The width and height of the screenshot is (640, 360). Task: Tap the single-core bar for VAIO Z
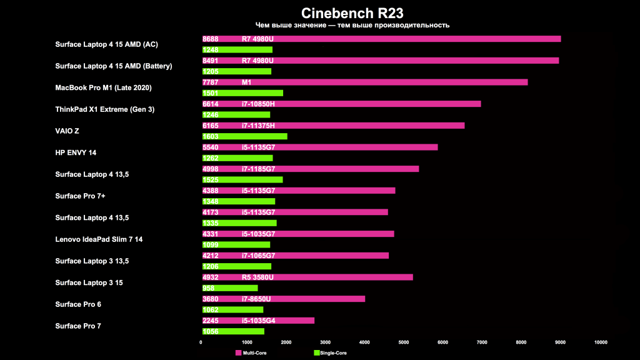click(244, 136)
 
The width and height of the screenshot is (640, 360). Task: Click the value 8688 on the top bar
click(211, 39)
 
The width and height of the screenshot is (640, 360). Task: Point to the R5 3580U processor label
click(257, 277)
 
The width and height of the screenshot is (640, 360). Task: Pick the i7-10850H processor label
click(258, 104)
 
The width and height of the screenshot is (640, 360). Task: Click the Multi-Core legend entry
click(251, 353)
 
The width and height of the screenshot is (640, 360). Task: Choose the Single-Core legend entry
click(330, 353)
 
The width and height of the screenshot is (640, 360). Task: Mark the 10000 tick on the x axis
click(600, 342)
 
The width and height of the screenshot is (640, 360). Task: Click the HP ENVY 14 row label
click(76, 152)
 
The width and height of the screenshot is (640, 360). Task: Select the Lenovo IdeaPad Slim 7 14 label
click(94, 239)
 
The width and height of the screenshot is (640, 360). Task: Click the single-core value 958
click(209, 288)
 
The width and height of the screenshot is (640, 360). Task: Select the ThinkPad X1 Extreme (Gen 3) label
click(104, 109)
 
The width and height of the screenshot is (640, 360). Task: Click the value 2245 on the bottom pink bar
click(211, 321)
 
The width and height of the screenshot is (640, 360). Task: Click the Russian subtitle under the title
click(352, 26)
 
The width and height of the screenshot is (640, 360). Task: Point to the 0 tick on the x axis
click(201, 342)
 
